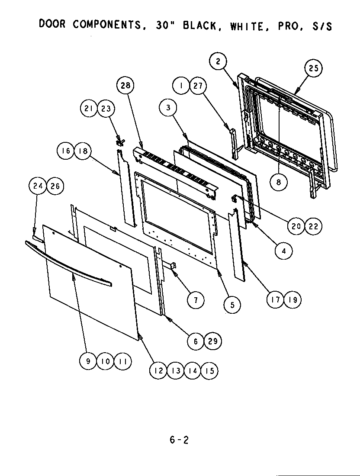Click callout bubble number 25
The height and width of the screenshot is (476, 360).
(313, 69)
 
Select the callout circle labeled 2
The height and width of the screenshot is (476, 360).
(219, 61)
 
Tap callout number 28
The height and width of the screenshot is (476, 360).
(125, 85)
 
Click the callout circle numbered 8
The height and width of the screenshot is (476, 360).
(279, 182)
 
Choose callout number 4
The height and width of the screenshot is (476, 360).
(283, 251)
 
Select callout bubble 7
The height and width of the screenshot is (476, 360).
(196, 299)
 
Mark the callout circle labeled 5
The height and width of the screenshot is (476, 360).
(232, 305)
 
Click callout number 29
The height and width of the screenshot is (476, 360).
(212, 341)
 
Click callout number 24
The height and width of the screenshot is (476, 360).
(37, 187)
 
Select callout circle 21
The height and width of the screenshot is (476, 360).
(89, 109)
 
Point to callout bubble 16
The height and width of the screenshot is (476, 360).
(66, 151)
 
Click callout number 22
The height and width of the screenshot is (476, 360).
(314, 226)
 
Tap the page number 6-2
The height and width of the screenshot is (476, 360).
(179, 440)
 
